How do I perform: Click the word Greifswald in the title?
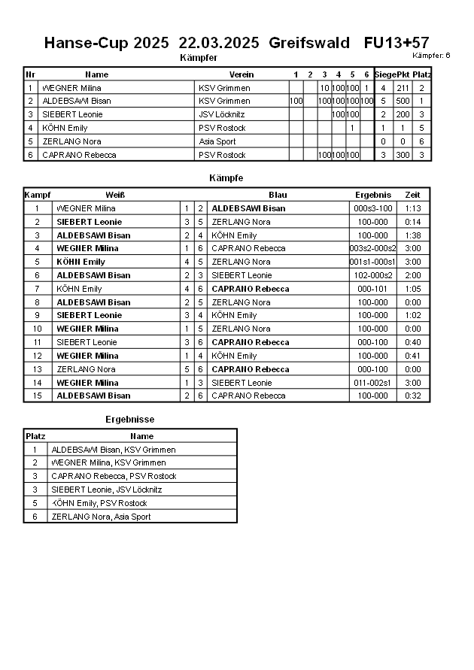click(x=308, y=43)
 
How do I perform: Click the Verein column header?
click(x=242, y=74)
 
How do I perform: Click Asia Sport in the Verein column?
click(x=217, y=141)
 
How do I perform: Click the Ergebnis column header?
click(x=373, y=195)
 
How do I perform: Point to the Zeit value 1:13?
click(x=412, y=208)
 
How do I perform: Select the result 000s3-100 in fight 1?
click(x=373, y=208)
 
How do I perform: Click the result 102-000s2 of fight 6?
click(x=373, y=275)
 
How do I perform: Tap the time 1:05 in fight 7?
click(x=412, y=289)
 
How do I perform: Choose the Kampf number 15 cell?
click(x=37, y=396)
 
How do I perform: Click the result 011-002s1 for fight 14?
click(x=373, y=383)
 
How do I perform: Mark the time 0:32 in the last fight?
click(x=412, y=396)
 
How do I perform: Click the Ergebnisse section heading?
click(x=129, y=419)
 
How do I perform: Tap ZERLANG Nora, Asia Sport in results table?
click(x=101, y=517)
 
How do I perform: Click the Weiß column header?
click(x=115, y=195)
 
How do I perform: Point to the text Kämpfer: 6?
click(x=431, y=56)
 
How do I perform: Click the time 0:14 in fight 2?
click(x=412, y=222)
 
